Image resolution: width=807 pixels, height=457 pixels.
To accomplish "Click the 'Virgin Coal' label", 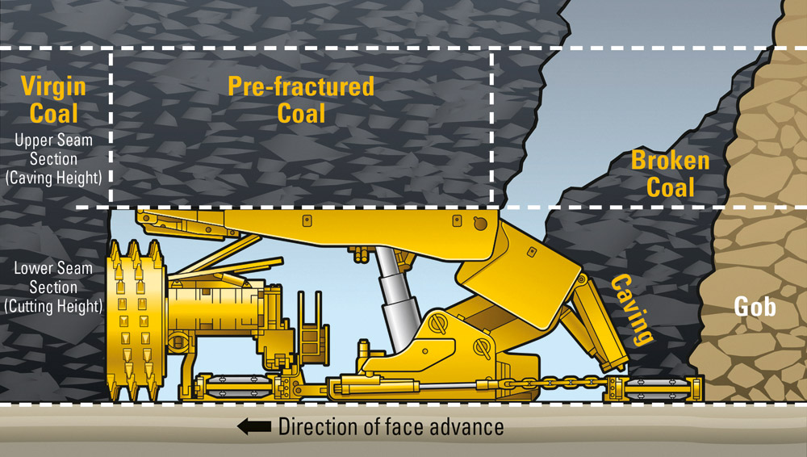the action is point(53,98).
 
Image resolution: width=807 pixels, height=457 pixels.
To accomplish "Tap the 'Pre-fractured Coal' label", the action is point(301,99).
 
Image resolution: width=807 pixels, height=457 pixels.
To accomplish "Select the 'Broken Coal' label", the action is point(670,173).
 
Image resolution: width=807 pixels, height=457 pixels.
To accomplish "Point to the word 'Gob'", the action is point(755,306).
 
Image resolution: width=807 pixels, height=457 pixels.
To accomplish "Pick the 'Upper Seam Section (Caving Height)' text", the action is point(54,159).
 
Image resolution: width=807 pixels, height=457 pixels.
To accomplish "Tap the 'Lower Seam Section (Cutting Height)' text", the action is point(53,287).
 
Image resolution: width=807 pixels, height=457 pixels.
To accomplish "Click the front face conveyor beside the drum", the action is point(234,386).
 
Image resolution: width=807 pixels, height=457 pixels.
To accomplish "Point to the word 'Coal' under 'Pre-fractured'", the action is point(301,112).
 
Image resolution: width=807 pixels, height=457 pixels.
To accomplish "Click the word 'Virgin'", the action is point(53,85).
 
